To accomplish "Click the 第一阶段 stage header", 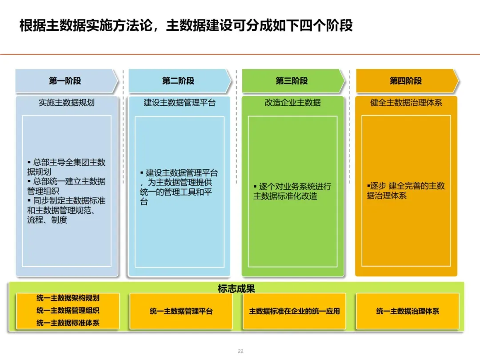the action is tap(65, 81).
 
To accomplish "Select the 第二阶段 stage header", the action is tap(178, 81).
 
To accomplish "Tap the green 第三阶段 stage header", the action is tap(292, 81).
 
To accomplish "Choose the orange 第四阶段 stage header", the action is tap(405, 81).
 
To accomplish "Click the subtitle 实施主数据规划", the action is tap(67, 103).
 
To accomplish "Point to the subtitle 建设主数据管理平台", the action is tap(180, 103).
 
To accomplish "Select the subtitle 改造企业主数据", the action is tap(292, 103).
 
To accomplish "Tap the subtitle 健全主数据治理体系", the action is tap(406, 103).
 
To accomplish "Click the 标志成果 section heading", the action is tap(236, 288).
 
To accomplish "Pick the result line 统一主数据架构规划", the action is tap(68, 298).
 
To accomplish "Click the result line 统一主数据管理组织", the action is tap(68, 310).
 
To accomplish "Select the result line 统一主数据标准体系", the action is tap(68, 323).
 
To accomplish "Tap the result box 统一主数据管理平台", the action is tap(181, 311).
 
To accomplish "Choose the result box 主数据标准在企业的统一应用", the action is tap(294, 311).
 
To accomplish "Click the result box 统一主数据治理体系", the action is tap(408, 311).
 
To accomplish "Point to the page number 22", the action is tap(240, 351).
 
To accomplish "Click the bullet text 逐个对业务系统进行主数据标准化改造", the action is tap(292, 191).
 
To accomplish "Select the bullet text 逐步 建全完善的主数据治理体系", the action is tap(405, 191).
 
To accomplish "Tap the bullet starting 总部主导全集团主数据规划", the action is tap(66, 167).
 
